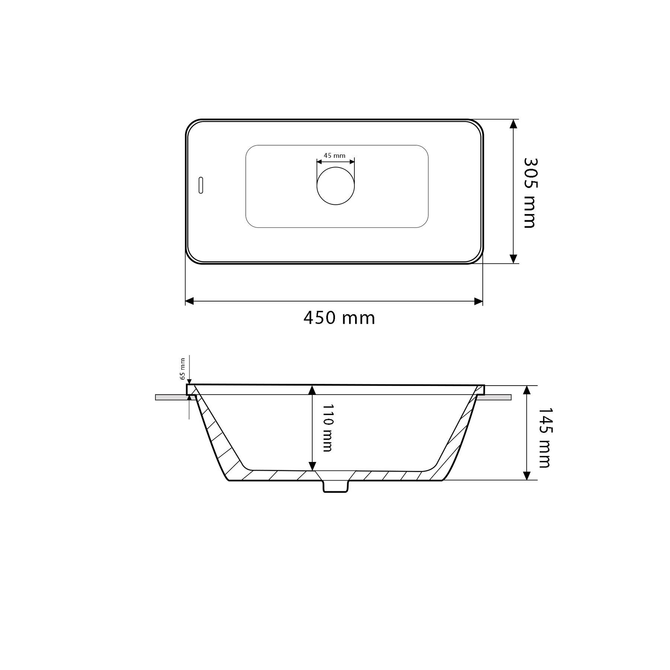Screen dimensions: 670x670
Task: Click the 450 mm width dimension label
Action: [339, 318]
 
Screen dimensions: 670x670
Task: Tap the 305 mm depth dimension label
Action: [530, 193]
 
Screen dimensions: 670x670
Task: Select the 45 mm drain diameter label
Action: [334, 156]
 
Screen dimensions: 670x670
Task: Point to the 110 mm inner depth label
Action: [327, 428]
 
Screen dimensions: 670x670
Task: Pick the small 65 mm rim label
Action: [182, 368]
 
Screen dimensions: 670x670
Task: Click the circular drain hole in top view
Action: [336, 186]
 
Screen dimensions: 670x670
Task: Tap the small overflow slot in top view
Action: [201, 185]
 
